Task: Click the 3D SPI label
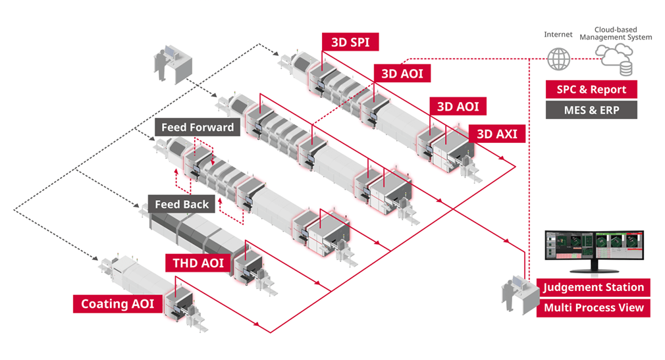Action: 350,42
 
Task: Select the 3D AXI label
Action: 496,134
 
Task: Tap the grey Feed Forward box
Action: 198,127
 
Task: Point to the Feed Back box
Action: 182,204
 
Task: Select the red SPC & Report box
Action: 591,90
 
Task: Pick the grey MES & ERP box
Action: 591,110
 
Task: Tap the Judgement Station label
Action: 593,288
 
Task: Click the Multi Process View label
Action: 593,308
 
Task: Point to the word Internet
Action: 558,35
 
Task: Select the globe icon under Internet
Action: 558,59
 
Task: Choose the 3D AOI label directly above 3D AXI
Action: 458,106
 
